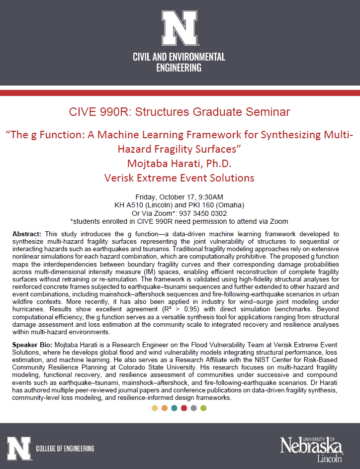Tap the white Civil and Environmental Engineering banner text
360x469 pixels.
pos(179,62)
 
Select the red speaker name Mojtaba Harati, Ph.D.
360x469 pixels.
pos(179,163)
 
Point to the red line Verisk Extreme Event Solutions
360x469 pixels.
pos(179,178)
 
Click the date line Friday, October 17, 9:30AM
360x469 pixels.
pos(179,196)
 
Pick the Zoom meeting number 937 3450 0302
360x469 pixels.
pos(204,213)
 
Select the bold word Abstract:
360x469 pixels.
pos(28,233)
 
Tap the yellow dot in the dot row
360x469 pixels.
pos(155,408)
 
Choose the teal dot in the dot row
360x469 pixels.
pos(174,408)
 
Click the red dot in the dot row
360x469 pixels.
pos(184,408)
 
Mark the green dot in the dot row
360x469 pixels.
pos(203,408)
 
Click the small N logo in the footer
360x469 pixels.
pos(18,448)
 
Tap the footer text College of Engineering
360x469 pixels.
pos(65,449)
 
